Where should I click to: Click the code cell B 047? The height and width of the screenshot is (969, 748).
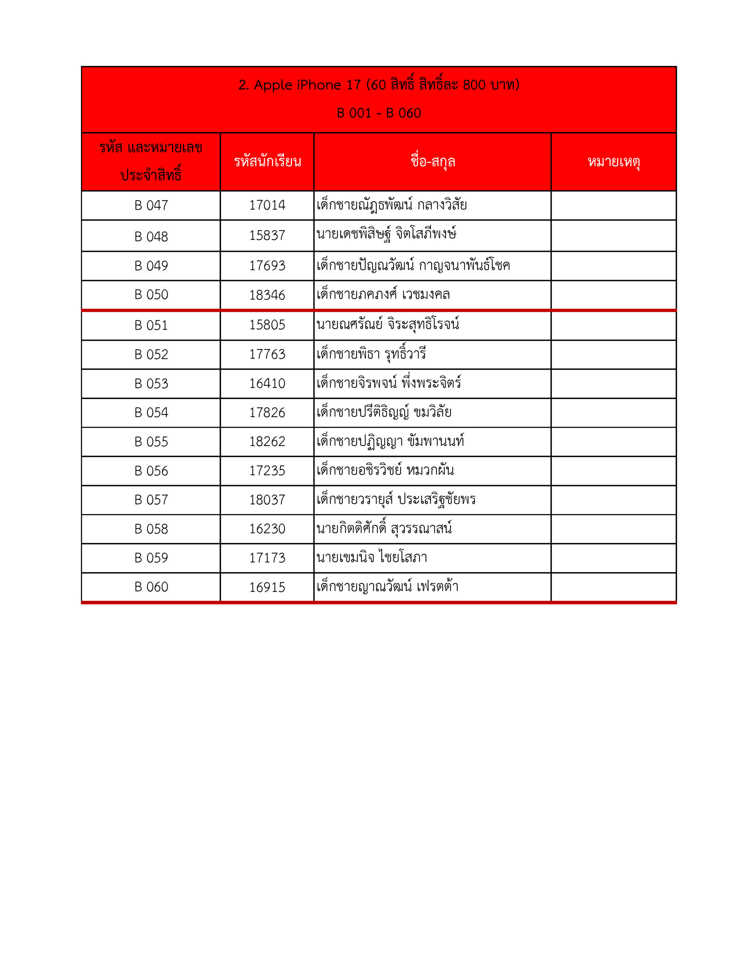(151, 206)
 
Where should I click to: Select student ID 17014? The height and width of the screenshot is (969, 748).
(267, 206)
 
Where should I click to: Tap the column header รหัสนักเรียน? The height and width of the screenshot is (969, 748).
(267, 162)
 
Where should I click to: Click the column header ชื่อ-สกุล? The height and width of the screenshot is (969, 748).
(432, 162)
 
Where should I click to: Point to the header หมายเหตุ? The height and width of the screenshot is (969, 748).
(613, 162)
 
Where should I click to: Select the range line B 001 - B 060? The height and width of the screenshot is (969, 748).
(379, 113)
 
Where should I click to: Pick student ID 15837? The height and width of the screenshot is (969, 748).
(267, 235)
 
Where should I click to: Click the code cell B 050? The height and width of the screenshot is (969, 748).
(151, 294)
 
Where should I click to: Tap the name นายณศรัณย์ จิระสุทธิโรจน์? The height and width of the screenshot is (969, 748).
(388, 324)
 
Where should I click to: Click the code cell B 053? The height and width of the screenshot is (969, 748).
(151, 384)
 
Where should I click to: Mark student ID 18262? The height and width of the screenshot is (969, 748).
(267, 442)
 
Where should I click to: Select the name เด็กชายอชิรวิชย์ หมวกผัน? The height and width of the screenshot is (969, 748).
(385, 470)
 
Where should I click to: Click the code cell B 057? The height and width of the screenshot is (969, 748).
(151, 500)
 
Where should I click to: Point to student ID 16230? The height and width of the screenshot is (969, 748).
(267, 529)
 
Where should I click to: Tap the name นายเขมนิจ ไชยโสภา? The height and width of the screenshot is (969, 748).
(372, 558)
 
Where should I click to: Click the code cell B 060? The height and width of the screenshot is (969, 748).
(151, 587)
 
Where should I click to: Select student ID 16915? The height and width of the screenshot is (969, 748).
(267, 587)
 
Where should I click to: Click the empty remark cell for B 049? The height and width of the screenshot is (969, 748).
(613, 266)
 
